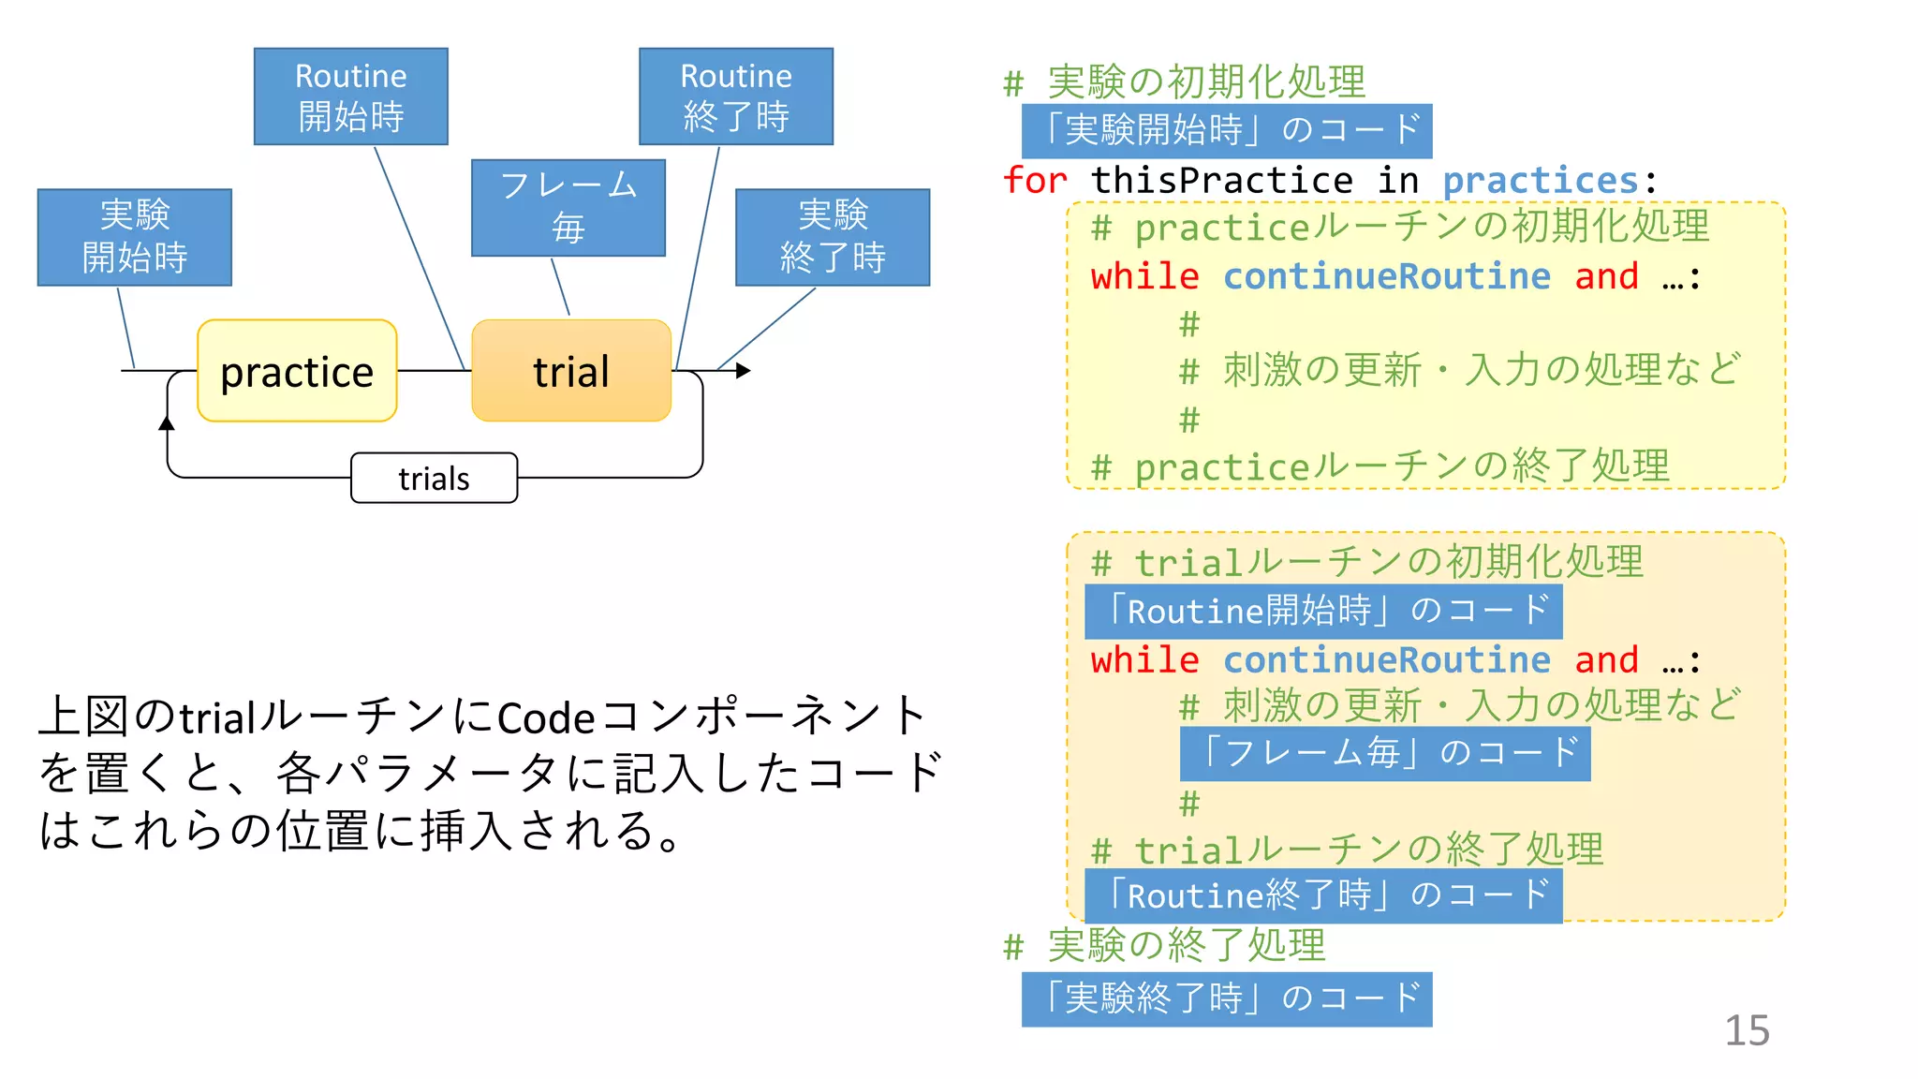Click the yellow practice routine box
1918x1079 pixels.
click(297, 371)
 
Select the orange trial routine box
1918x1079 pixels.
click(571, 371)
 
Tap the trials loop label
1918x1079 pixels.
click(434, 479)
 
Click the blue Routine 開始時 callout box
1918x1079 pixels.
click(351, 96)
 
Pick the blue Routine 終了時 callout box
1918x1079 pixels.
click(736, 96)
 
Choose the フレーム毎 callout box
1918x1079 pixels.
click(568, 207)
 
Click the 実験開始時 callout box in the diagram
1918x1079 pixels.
click(135, 237)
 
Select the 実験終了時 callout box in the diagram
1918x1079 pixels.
click(833, 237)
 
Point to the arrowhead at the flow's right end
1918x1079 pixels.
click(744, 371)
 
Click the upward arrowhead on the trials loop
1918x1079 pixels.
click(167, 423)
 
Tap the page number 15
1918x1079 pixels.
click(1747, 1030)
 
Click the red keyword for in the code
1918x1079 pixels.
click(1035, 180)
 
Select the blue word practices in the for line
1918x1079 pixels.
click(1540, 180)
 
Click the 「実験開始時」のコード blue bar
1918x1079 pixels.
click(1227, 130)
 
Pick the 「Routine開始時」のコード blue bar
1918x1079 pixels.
click(1323, 612)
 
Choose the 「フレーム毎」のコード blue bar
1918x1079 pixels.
click(1385, 753)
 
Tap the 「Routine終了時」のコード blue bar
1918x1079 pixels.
click(1323, 895)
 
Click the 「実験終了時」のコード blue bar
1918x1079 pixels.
click(1227, 998)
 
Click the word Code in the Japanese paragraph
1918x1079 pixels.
click(546, 718)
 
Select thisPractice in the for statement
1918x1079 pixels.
click(1222, 180)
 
